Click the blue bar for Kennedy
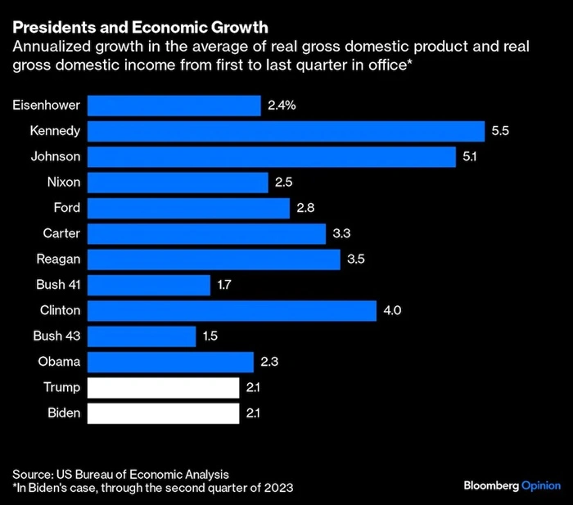pyautogui.click(x=286, y=131)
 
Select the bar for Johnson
pyautogui.click(x=271, y=156)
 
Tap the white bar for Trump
pyautogui.click(x=163, y=387)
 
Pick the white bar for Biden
pyautogui.click(x=163, y=413)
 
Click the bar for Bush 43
pyautogui.click(x=142, y=336)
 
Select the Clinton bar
pyautogui.click(x=232, y=310)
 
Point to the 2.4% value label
pyautogui.click(x=281, y=106)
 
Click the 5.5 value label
pyautogui.click(x=500, y=131)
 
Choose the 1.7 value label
pyautogui.click(x=226, y=285)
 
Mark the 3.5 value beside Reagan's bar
pyautogui.click(x=355, y=259)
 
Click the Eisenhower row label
pyautogui.click(x=47, y=106)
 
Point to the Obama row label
pyautogui.click(x=59, y=362)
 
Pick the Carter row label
pyautogui.click(x=61, y=233)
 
